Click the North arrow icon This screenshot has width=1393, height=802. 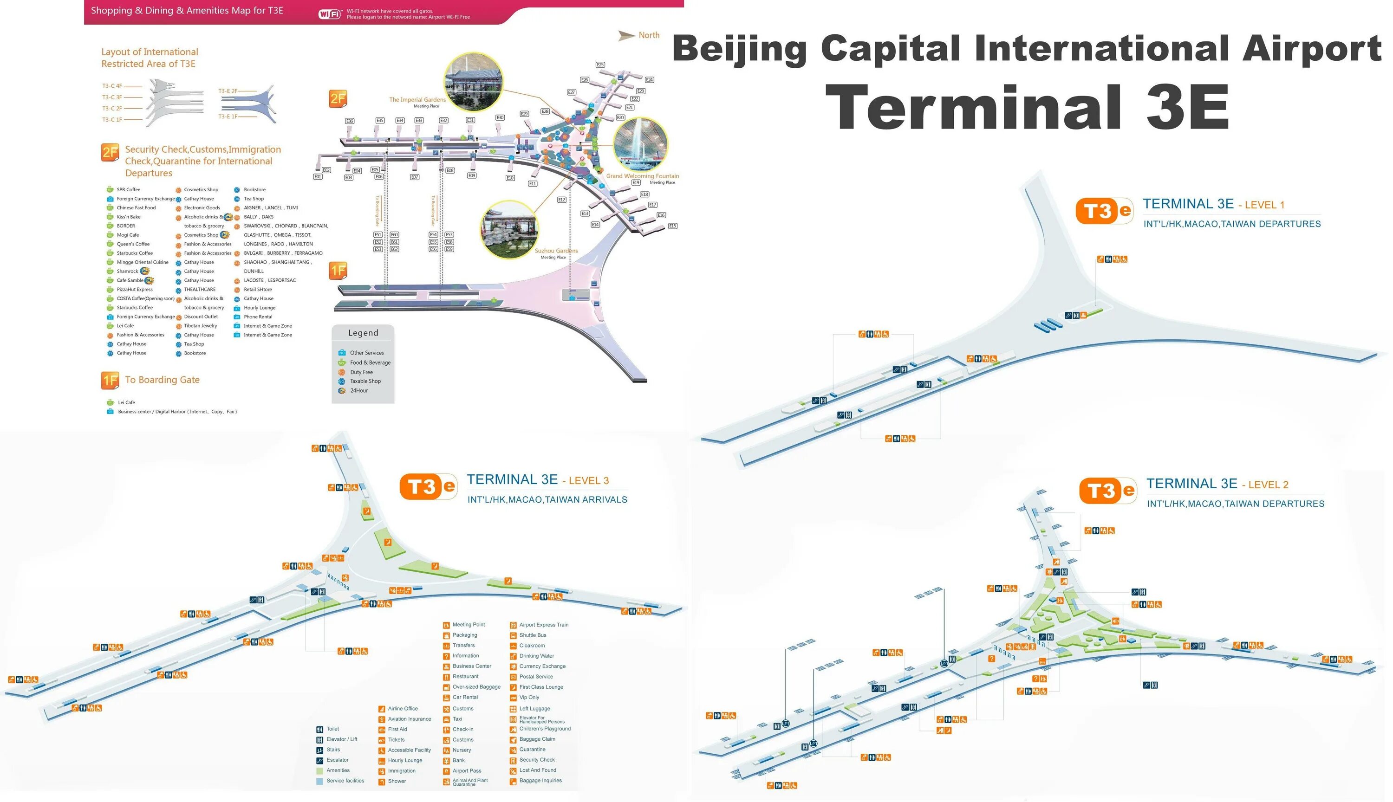click(626, 36)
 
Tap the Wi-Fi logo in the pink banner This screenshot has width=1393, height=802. click(330, 14)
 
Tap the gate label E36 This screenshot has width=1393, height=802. click(349, 121)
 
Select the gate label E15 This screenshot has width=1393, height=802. click(673, 226)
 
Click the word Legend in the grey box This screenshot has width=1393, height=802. click(363, 333)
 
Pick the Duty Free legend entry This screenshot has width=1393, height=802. click(361, 372)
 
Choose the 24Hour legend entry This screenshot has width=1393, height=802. click(359, 390)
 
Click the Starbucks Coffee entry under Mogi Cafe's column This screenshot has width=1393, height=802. click(135, 253)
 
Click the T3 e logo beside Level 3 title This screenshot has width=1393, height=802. click(428, 486)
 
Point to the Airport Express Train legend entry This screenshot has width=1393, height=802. click(543, 625)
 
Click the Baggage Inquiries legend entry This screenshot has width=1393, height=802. click(540, 781)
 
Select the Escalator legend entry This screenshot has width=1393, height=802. click(337, 760)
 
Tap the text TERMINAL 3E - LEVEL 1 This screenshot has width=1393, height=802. click(1213, 204)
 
